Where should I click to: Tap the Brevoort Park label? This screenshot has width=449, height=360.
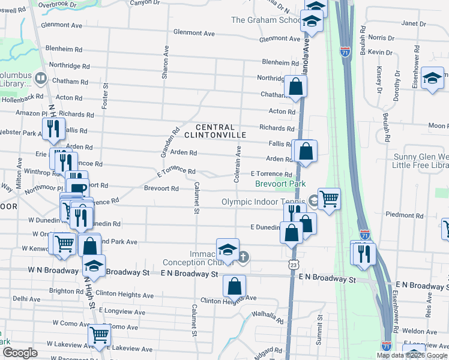coord(281,184)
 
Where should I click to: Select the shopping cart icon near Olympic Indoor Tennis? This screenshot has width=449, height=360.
coord(329,198)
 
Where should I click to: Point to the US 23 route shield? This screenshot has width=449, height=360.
coord(292,264)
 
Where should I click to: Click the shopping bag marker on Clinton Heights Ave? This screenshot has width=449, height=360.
coord(234,286)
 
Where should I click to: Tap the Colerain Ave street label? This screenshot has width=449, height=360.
coord(238,163)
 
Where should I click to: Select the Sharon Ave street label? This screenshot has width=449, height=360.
coord(164,62)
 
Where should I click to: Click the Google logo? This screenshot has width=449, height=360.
coord(19,352)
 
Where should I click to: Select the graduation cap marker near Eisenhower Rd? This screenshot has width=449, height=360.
coord(432,78)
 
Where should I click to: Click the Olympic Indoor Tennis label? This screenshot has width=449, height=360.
coord(264,202)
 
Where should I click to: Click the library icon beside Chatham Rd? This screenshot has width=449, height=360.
coord(41,77)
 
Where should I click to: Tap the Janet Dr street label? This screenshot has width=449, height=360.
coord(413,23)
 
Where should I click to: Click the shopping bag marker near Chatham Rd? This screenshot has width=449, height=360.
coord(295,86)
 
